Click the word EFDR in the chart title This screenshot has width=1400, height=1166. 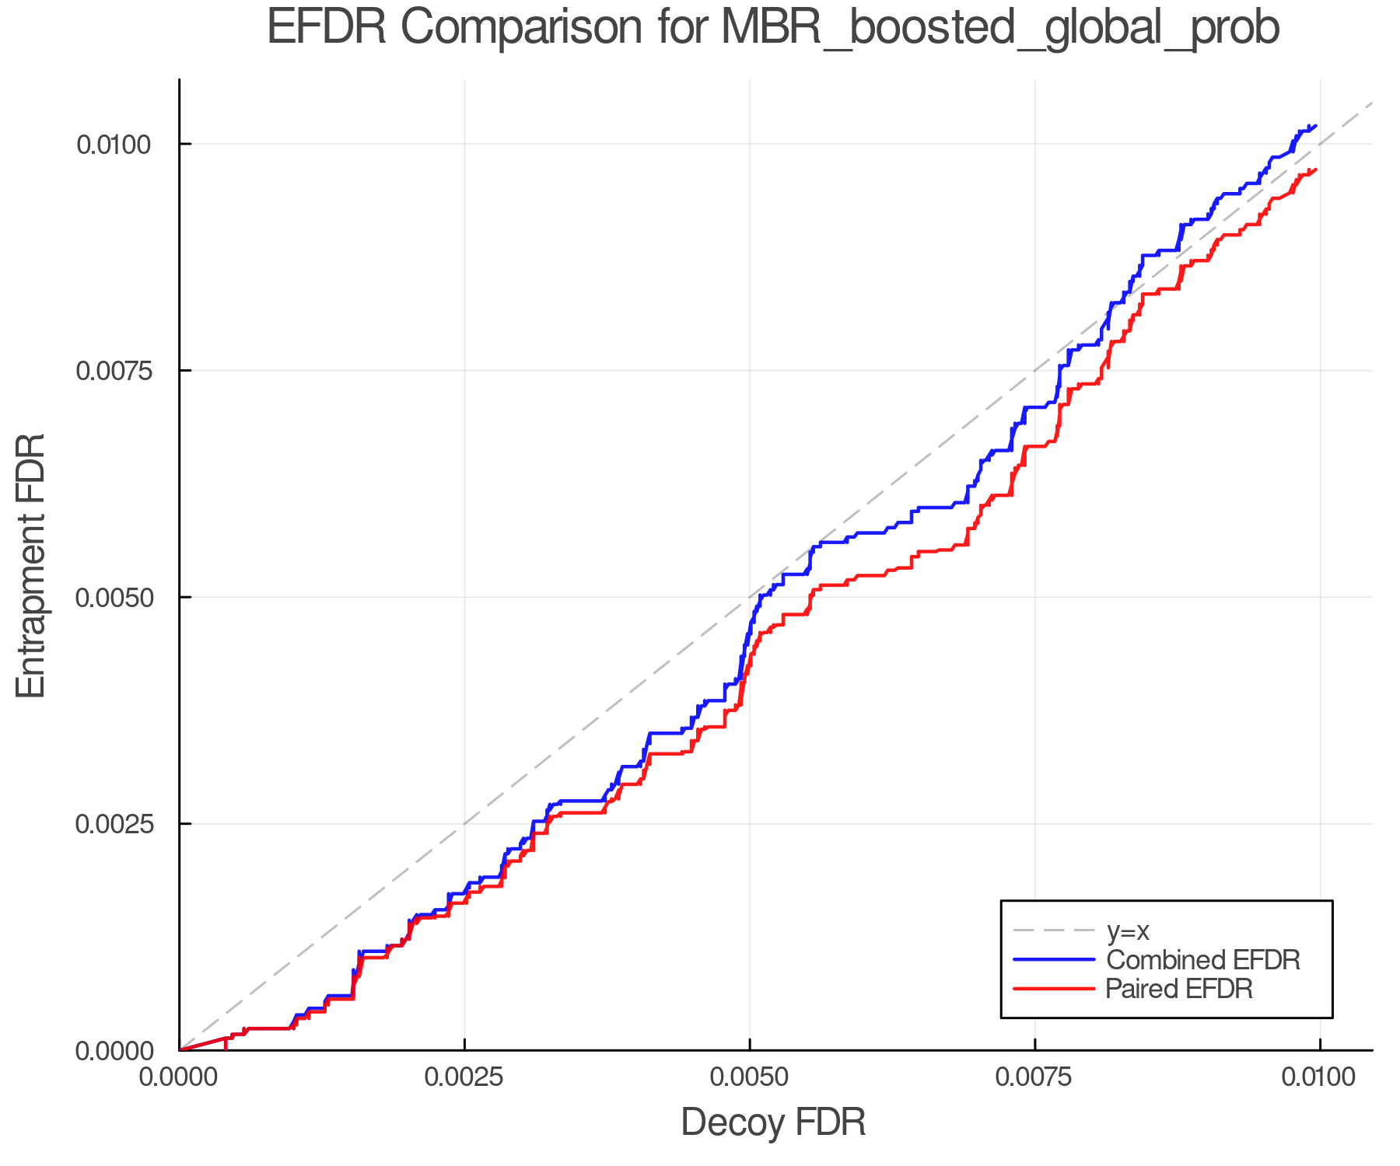pos(326,28)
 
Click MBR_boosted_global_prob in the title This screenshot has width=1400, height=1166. pos(1000,28)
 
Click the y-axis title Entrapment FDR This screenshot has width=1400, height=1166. pos(31,565)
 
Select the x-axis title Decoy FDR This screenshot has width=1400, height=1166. pos(773,1122)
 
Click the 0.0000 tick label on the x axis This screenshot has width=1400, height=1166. pos(180,1077)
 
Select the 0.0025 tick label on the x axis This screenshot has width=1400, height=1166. pos(464,1077)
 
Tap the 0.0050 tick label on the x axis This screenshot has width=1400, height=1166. pos(750,1077)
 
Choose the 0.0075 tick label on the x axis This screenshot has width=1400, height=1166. pos(1034,1077)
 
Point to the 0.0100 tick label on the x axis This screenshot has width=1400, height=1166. pos(1319,1077)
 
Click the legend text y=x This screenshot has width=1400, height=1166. pos(1127,930)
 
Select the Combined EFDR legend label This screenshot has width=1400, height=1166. pos(1202,960)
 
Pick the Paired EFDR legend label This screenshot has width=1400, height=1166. pos(1179,989)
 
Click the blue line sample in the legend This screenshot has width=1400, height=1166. pos(1054,960)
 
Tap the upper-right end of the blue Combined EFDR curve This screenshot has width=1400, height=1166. pos(1315,125)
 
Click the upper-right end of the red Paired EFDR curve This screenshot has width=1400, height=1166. pos(1315,169)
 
